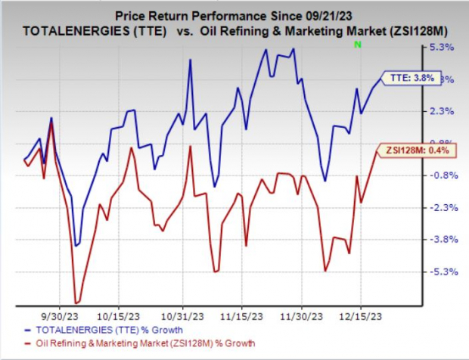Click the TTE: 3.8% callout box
[x=409, y=77]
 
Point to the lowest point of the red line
[x=76, y=303]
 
